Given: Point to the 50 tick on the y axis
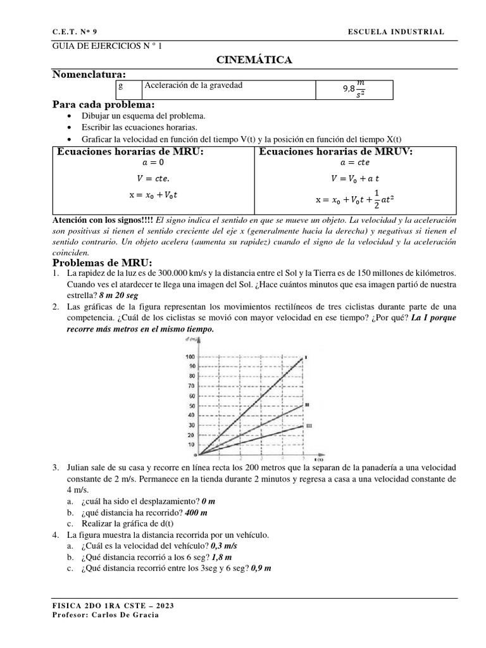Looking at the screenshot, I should [191, 406].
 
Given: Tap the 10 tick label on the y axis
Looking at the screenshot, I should [191, 444].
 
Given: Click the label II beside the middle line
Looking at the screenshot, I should [307, 404].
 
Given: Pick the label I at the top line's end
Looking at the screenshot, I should [306, 358].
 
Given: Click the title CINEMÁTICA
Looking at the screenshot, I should [254, 60].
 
